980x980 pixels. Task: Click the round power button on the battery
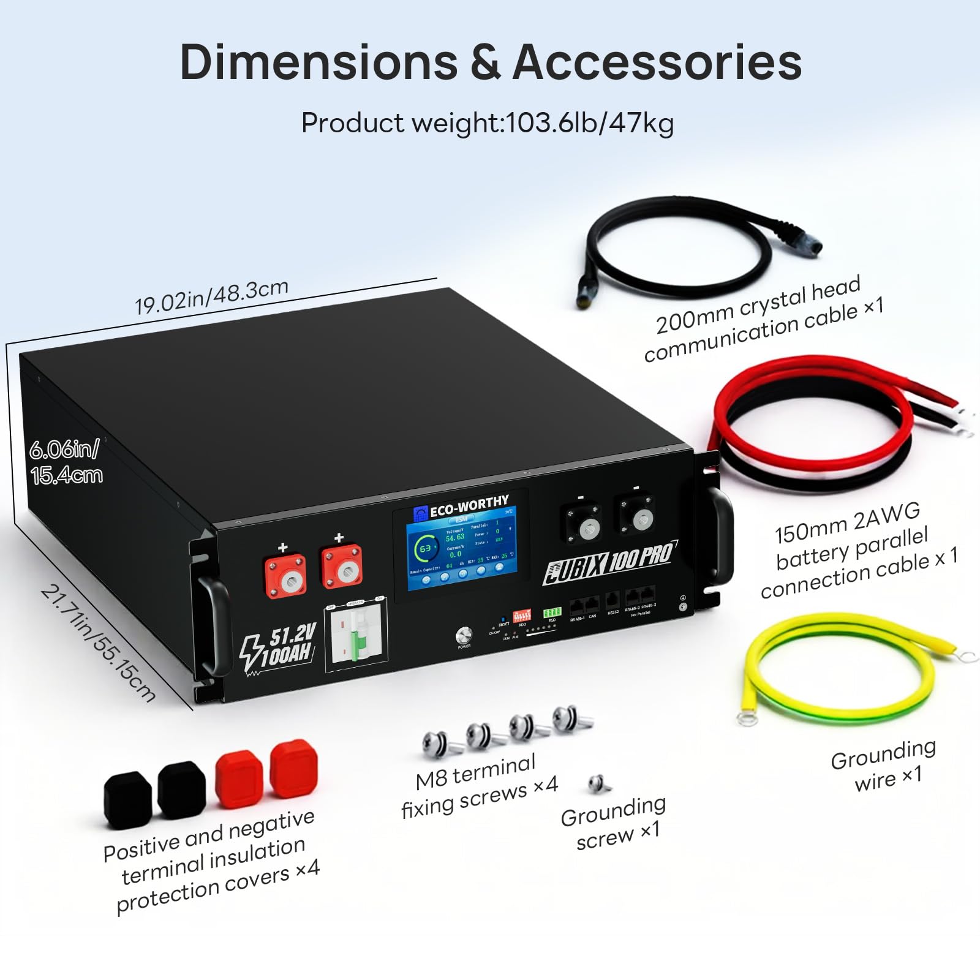pyautogui.click(x=464, y=634)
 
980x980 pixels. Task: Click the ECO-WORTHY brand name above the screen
pyautogui.click(x=469, y=507)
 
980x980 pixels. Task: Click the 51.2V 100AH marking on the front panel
pyautogui.click(x=279, y=646)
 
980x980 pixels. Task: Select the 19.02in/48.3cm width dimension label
pyautogui.click(x=211, y=296)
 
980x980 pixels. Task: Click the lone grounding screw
pyautogui.click(x=597, y=783)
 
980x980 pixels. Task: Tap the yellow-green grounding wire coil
pyautogui.click(x=839, y=671)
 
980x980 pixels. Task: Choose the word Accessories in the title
pyautogui.click(x=657, y=62)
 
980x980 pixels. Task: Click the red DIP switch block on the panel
pyautogui.click(x=521, y=615)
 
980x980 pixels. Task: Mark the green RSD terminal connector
pyautogui.click(x=552, y=612)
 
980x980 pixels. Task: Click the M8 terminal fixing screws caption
pyautogui.click(x=479, y=787)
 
